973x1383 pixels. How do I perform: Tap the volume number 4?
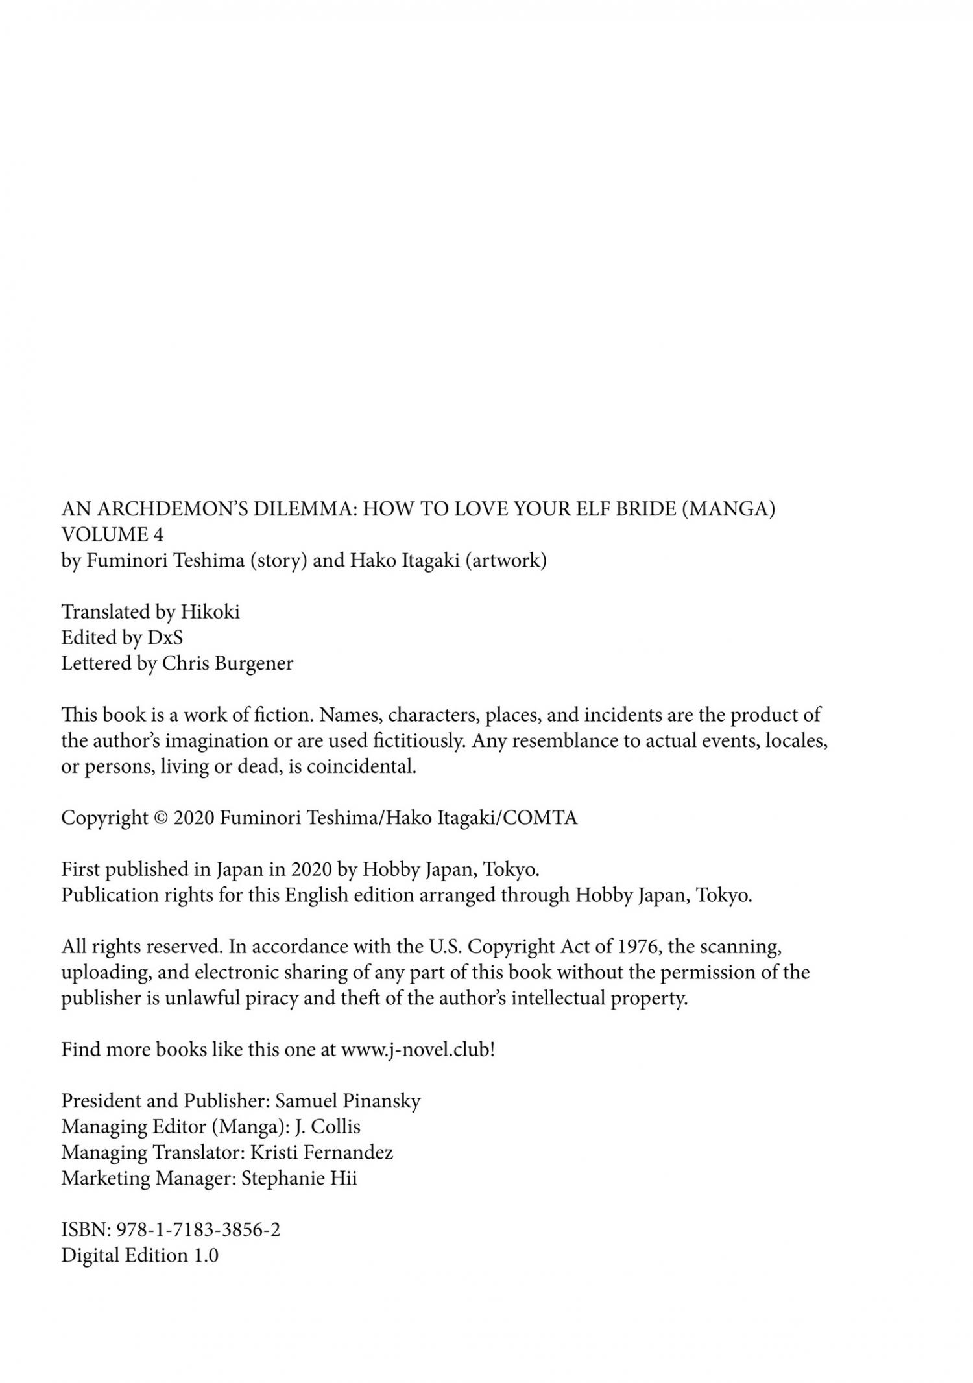158,534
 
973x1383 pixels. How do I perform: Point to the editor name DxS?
165,637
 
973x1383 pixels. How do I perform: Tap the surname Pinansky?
381,1101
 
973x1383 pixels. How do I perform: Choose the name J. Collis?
327,1127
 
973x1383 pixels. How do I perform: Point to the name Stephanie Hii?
298,1178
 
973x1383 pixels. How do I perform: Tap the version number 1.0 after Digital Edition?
206,1255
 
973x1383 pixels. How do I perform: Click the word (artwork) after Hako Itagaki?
505,560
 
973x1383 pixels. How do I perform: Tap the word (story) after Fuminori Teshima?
278,560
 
